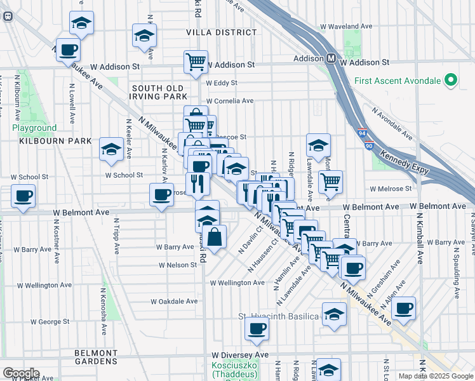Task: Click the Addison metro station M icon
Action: pos(331,58)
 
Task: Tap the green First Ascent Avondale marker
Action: pos(451,80)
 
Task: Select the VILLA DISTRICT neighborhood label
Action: pos(212,32)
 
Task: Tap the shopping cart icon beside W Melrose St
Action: pos(330,181)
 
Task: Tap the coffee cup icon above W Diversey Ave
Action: pos(257,328)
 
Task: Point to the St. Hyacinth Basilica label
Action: pos(278,316)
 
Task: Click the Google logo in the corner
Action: pos(21,373)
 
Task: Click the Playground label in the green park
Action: pos(34,128)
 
